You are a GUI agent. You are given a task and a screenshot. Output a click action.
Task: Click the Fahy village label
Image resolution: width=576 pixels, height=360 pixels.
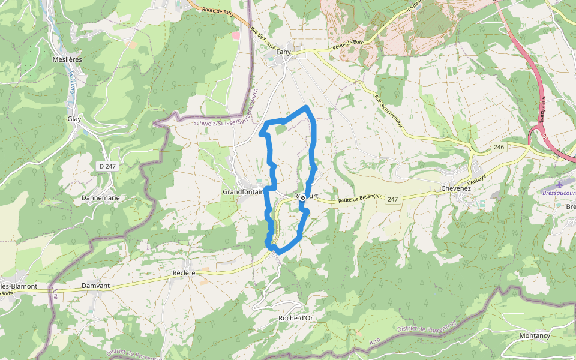[283, 52]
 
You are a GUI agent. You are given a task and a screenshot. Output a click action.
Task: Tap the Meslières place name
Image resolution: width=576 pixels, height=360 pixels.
[67, 59]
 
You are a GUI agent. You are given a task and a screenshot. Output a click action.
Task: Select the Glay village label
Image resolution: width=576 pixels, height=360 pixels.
[74, 119]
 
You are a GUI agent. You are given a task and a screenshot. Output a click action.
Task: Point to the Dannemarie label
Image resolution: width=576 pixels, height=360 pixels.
[101, 197]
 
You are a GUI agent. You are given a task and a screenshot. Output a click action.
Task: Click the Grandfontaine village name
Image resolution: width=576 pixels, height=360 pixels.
[243, 192]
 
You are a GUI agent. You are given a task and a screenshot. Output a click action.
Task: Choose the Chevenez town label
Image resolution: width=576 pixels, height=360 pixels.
[456, 188]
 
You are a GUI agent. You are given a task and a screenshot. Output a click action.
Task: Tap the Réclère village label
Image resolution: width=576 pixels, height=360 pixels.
[184, 272]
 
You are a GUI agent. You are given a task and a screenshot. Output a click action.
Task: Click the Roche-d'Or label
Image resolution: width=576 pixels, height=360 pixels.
[296, 318]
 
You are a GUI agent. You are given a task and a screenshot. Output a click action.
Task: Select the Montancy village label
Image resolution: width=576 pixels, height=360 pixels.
[535, 335]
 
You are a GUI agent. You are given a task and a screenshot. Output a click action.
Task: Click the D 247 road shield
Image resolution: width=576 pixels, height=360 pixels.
[107, 166]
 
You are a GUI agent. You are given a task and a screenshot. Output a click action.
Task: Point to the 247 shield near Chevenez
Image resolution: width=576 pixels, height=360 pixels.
[392, 199]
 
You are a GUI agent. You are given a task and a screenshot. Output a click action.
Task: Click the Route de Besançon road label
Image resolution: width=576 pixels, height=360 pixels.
[359, 199]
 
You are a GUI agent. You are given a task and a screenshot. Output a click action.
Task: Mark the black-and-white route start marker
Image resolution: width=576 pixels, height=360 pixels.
[303, 197]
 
